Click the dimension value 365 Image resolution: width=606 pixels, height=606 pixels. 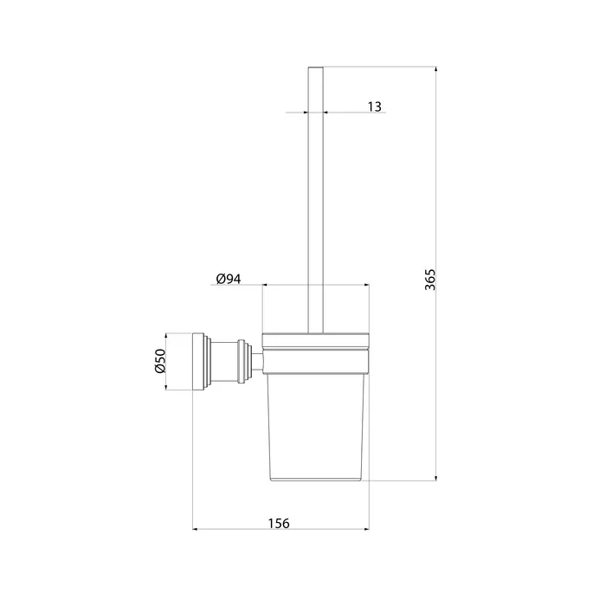[430, 280]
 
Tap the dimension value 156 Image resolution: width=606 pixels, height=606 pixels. [279, 523]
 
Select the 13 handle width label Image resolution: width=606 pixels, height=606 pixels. [374, 106]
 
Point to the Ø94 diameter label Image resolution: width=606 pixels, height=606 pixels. [229, 279]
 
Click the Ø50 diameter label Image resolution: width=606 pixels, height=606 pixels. [160, 361]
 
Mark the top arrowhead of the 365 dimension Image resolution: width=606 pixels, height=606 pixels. [436, 69]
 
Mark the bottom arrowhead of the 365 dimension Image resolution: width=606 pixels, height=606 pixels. [436, 478]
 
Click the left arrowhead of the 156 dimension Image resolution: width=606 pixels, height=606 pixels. [196, 529]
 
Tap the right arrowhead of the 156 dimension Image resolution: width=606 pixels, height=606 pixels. [366, 529]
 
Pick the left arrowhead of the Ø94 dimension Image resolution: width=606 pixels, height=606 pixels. [265, 285]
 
